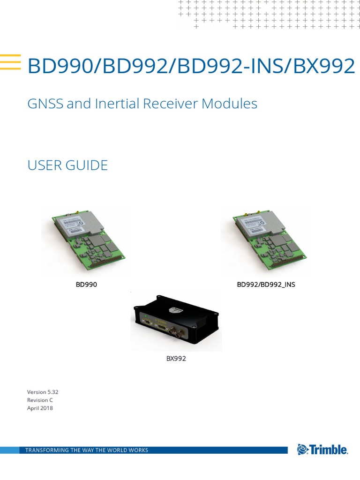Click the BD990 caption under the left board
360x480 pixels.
pos(86,284)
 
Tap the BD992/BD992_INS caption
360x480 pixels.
pos(266,284)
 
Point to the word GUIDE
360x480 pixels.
pos(88,165)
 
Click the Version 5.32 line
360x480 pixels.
pos(43,392)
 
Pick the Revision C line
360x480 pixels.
pos(41,400)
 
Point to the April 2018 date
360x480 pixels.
pos(40,408)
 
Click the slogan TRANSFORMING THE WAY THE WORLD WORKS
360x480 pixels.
pos(87,450)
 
